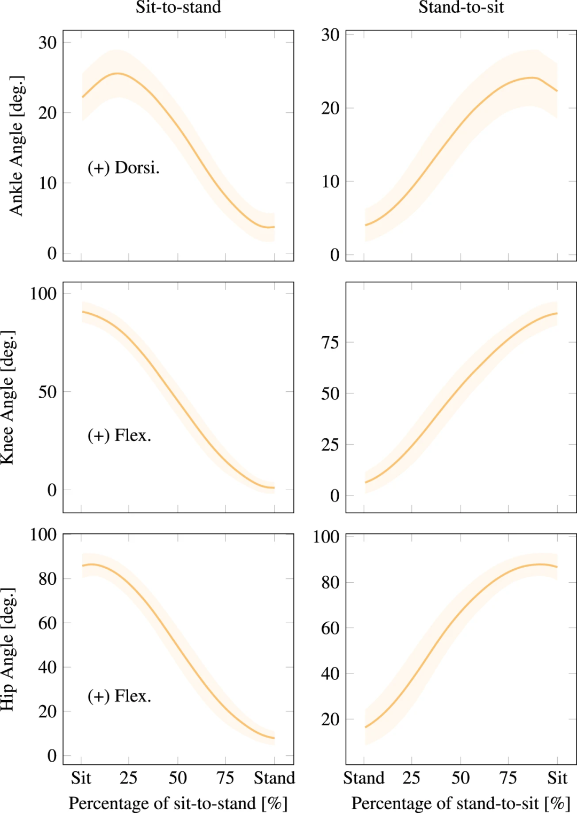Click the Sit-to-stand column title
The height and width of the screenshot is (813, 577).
point(178,7)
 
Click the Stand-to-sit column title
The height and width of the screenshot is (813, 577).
point(461,7)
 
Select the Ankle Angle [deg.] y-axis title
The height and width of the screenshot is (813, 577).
point(16,146)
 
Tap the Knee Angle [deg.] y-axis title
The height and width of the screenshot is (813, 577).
point(8,398)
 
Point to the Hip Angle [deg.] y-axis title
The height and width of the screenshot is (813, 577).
point(8,649)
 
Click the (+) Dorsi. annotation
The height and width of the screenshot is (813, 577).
point(123,168)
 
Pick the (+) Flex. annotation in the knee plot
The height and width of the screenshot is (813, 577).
point(119,435)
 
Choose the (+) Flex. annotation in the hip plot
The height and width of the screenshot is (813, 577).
point(119,696)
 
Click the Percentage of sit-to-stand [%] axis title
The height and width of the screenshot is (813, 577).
point(178,803)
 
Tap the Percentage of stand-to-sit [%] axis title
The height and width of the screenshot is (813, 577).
point(461,803)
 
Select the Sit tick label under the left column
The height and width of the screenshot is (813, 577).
point(81,778)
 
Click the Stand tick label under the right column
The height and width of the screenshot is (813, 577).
point(364,778)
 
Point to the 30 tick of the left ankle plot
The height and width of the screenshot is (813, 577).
point(48,42)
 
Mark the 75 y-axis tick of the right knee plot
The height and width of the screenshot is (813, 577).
point(330,342)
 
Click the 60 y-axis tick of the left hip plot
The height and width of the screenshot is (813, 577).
point(48,623)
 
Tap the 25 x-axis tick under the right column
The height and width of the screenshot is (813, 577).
point(411,778)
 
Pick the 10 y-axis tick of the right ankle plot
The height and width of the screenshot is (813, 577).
point(330,182)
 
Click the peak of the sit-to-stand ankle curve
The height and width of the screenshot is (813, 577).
point(117,74)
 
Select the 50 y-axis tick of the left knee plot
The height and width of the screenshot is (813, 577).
point(48,392)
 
